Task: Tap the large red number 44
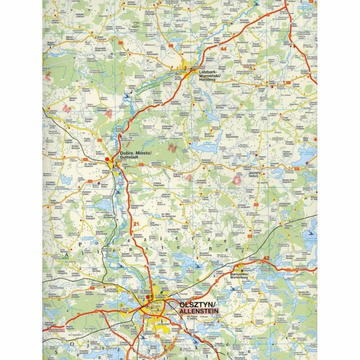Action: (224, 49)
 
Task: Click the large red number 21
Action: (136, 224)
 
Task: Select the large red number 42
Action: (266, 258)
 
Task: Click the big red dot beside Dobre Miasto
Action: (108, 160)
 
